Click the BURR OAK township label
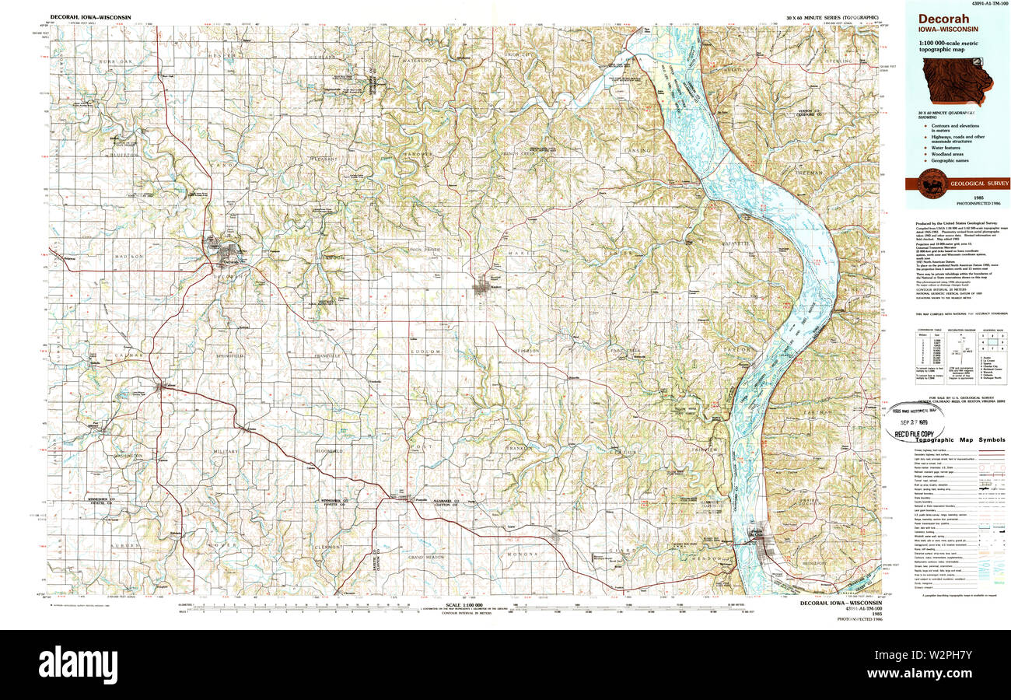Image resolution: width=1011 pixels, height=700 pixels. (112, 61)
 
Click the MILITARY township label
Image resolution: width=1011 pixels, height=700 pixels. (228, 451)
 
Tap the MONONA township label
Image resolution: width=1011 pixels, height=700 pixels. (523, 554)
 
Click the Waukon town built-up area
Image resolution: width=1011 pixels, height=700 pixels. (482, 289)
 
